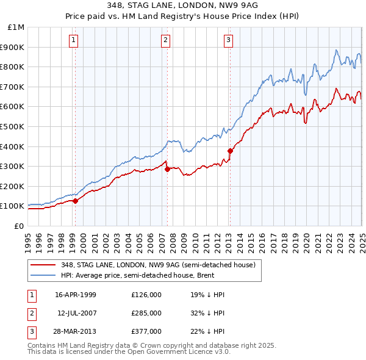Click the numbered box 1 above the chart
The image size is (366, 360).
[73, 41]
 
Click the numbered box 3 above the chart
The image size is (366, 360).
[228, 41]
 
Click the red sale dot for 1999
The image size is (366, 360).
[75, 201]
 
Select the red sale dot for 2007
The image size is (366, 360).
[167, 169]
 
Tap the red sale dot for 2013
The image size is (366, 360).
[230, 151]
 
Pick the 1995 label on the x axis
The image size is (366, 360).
[27, 238]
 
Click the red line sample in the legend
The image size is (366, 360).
[43, 265]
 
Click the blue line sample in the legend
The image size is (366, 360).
[43, 275]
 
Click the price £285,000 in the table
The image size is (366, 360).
[146, 313]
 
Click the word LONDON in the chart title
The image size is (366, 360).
[171, 6]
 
